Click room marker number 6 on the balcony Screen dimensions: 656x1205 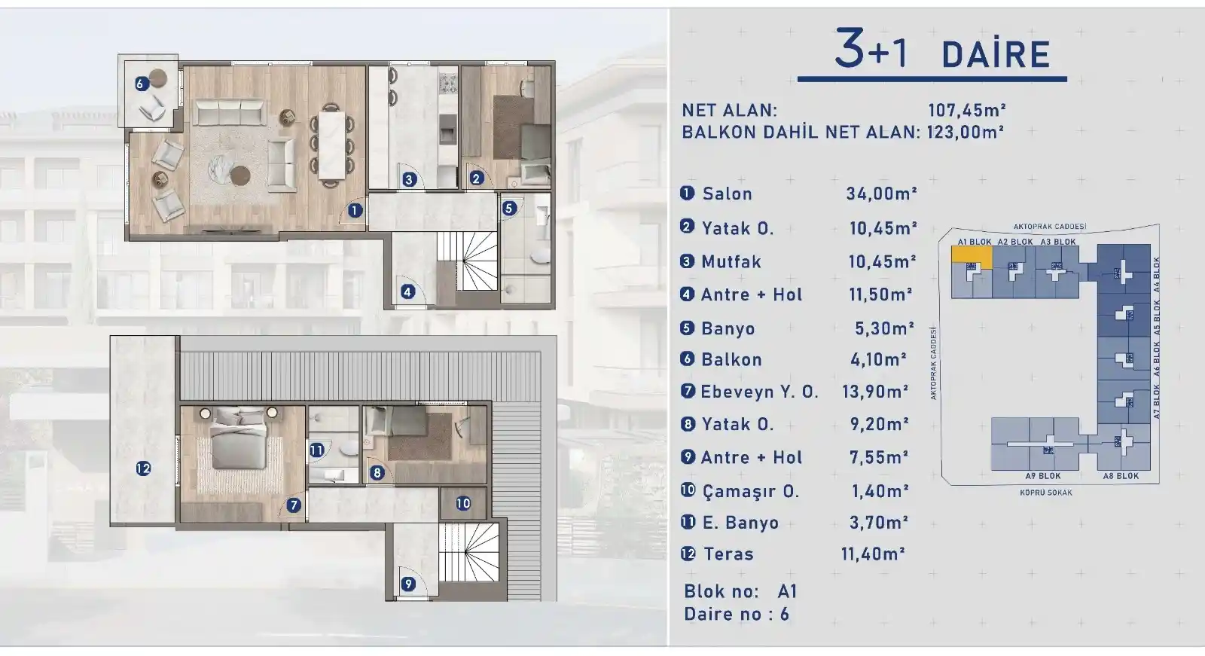140,84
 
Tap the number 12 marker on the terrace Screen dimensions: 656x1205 143,468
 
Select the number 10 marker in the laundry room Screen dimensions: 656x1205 463,503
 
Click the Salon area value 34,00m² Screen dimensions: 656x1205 881,194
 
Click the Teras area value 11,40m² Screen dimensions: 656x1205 872,554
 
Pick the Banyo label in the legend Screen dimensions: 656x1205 728,328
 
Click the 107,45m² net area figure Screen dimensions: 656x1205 967,110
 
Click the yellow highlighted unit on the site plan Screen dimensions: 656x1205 971,255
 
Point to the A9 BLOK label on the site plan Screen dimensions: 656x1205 1042,476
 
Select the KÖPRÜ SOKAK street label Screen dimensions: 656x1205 1045,493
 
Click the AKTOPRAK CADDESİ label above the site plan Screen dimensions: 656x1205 1049,227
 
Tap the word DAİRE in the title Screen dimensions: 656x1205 996,55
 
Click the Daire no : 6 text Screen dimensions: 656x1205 737,614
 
